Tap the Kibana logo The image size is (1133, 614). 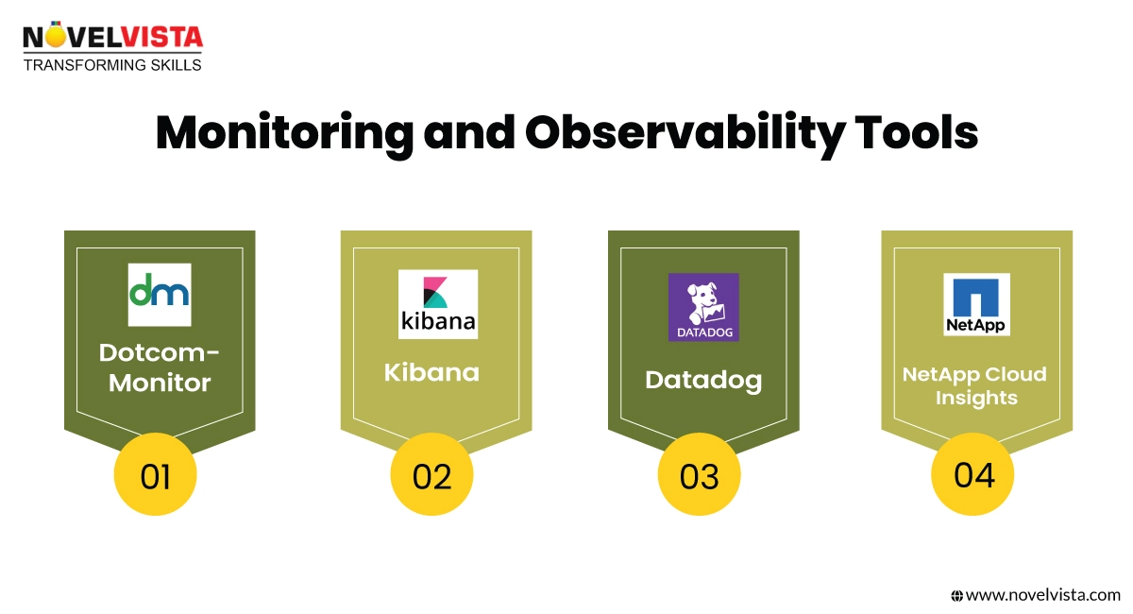(x=438, y=304)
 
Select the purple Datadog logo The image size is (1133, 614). (x=703, y=307)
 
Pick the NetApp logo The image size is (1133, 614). (x=976, y=304)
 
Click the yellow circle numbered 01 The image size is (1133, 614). (x=156, y=475)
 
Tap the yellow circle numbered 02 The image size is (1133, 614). (x=432, y=475)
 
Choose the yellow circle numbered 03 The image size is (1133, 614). (x=700, y=475)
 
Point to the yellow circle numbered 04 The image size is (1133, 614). (x=973, y=473)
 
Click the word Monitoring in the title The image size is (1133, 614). (x=282, y=134)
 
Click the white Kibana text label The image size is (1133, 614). (x=431, y=371)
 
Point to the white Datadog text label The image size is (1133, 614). (x=703, y=380)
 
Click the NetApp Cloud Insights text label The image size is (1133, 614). (x=975, y=385)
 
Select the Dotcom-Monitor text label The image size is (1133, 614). (x=159, y=368)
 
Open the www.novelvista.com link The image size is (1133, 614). (x=1042, y=595)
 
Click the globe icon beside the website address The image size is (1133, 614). (x=956, y=595)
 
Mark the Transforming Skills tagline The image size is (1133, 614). (x=112, y=64)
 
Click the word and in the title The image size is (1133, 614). (x=465, y=134)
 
